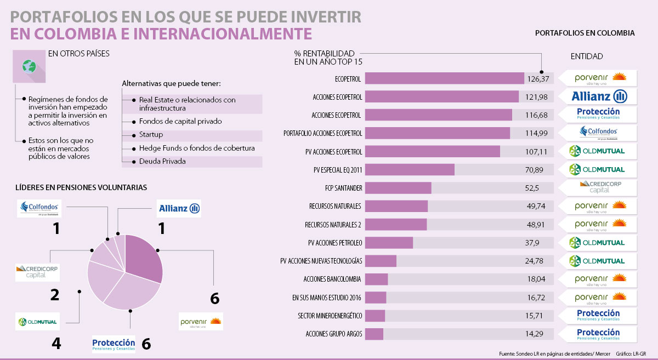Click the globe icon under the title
(29, 67)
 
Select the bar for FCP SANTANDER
(398, 188)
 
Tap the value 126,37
(537, 79)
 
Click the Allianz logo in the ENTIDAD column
(599, 97)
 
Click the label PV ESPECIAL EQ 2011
(337, 170)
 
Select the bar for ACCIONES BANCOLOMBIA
(377, 279)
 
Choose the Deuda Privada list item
(162, 162)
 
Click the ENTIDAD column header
(587, 56)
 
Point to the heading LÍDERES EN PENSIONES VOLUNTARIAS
(81, 187)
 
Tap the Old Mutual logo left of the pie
(38, 321)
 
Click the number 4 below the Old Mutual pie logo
(55, 344)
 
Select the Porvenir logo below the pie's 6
(201, 322)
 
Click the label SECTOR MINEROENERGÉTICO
(330, 316)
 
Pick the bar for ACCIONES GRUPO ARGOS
(374, 334)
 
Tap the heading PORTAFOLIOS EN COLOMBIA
(585, 33)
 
